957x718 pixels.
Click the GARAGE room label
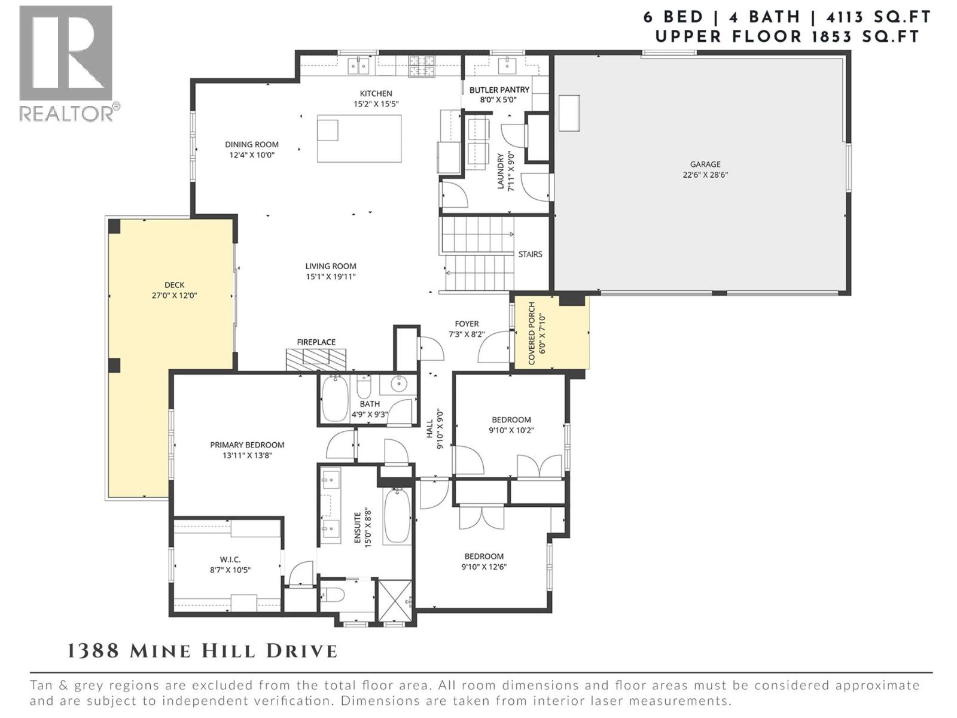click(705, 164)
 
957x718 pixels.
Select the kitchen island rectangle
click(359, 138)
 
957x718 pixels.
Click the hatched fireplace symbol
click(316, 359)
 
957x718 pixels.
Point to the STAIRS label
click(530, 254)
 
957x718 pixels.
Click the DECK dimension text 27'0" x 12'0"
click(175, 295)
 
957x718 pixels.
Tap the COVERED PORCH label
click(532, 333)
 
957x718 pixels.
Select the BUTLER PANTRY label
click(499, 90)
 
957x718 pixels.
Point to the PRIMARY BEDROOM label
click(247, 445)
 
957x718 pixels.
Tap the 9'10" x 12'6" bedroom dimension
click(483, 567)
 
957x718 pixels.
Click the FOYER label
click(467, 324)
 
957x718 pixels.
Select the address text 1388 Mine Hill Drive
click(202, 651)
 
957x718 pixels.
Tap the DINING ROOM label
click(252, 144)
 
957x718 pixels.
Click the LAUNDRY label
click(501, 171)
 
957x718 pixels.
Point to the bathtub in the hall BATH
click(334, 399)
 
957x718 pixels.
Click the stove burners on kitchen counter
click(422, 66)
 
